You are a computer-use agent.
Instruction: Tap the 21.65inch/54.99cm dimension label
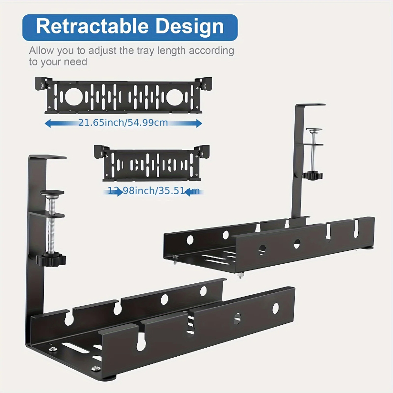(x=123, y=123)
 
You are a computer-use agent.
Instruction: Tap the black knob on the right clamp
(x=313, y=176)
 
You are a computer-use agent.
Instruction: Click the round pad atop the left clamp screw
(x=52, y=193)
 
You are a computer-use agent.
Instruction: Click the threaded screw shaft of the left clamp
(x=52, y=224)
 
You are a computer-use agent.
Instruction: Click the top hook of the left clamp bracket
(x=48, y=157)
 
